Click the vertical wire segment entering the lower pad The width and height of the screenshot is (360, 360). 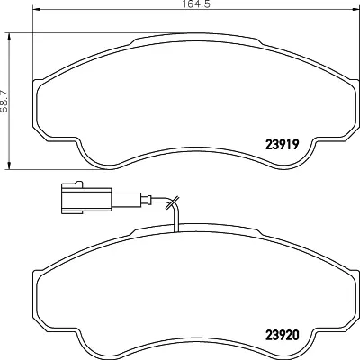pos(179,220)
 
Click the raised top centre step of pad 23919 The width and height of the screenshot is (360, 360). pos(180,40)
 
